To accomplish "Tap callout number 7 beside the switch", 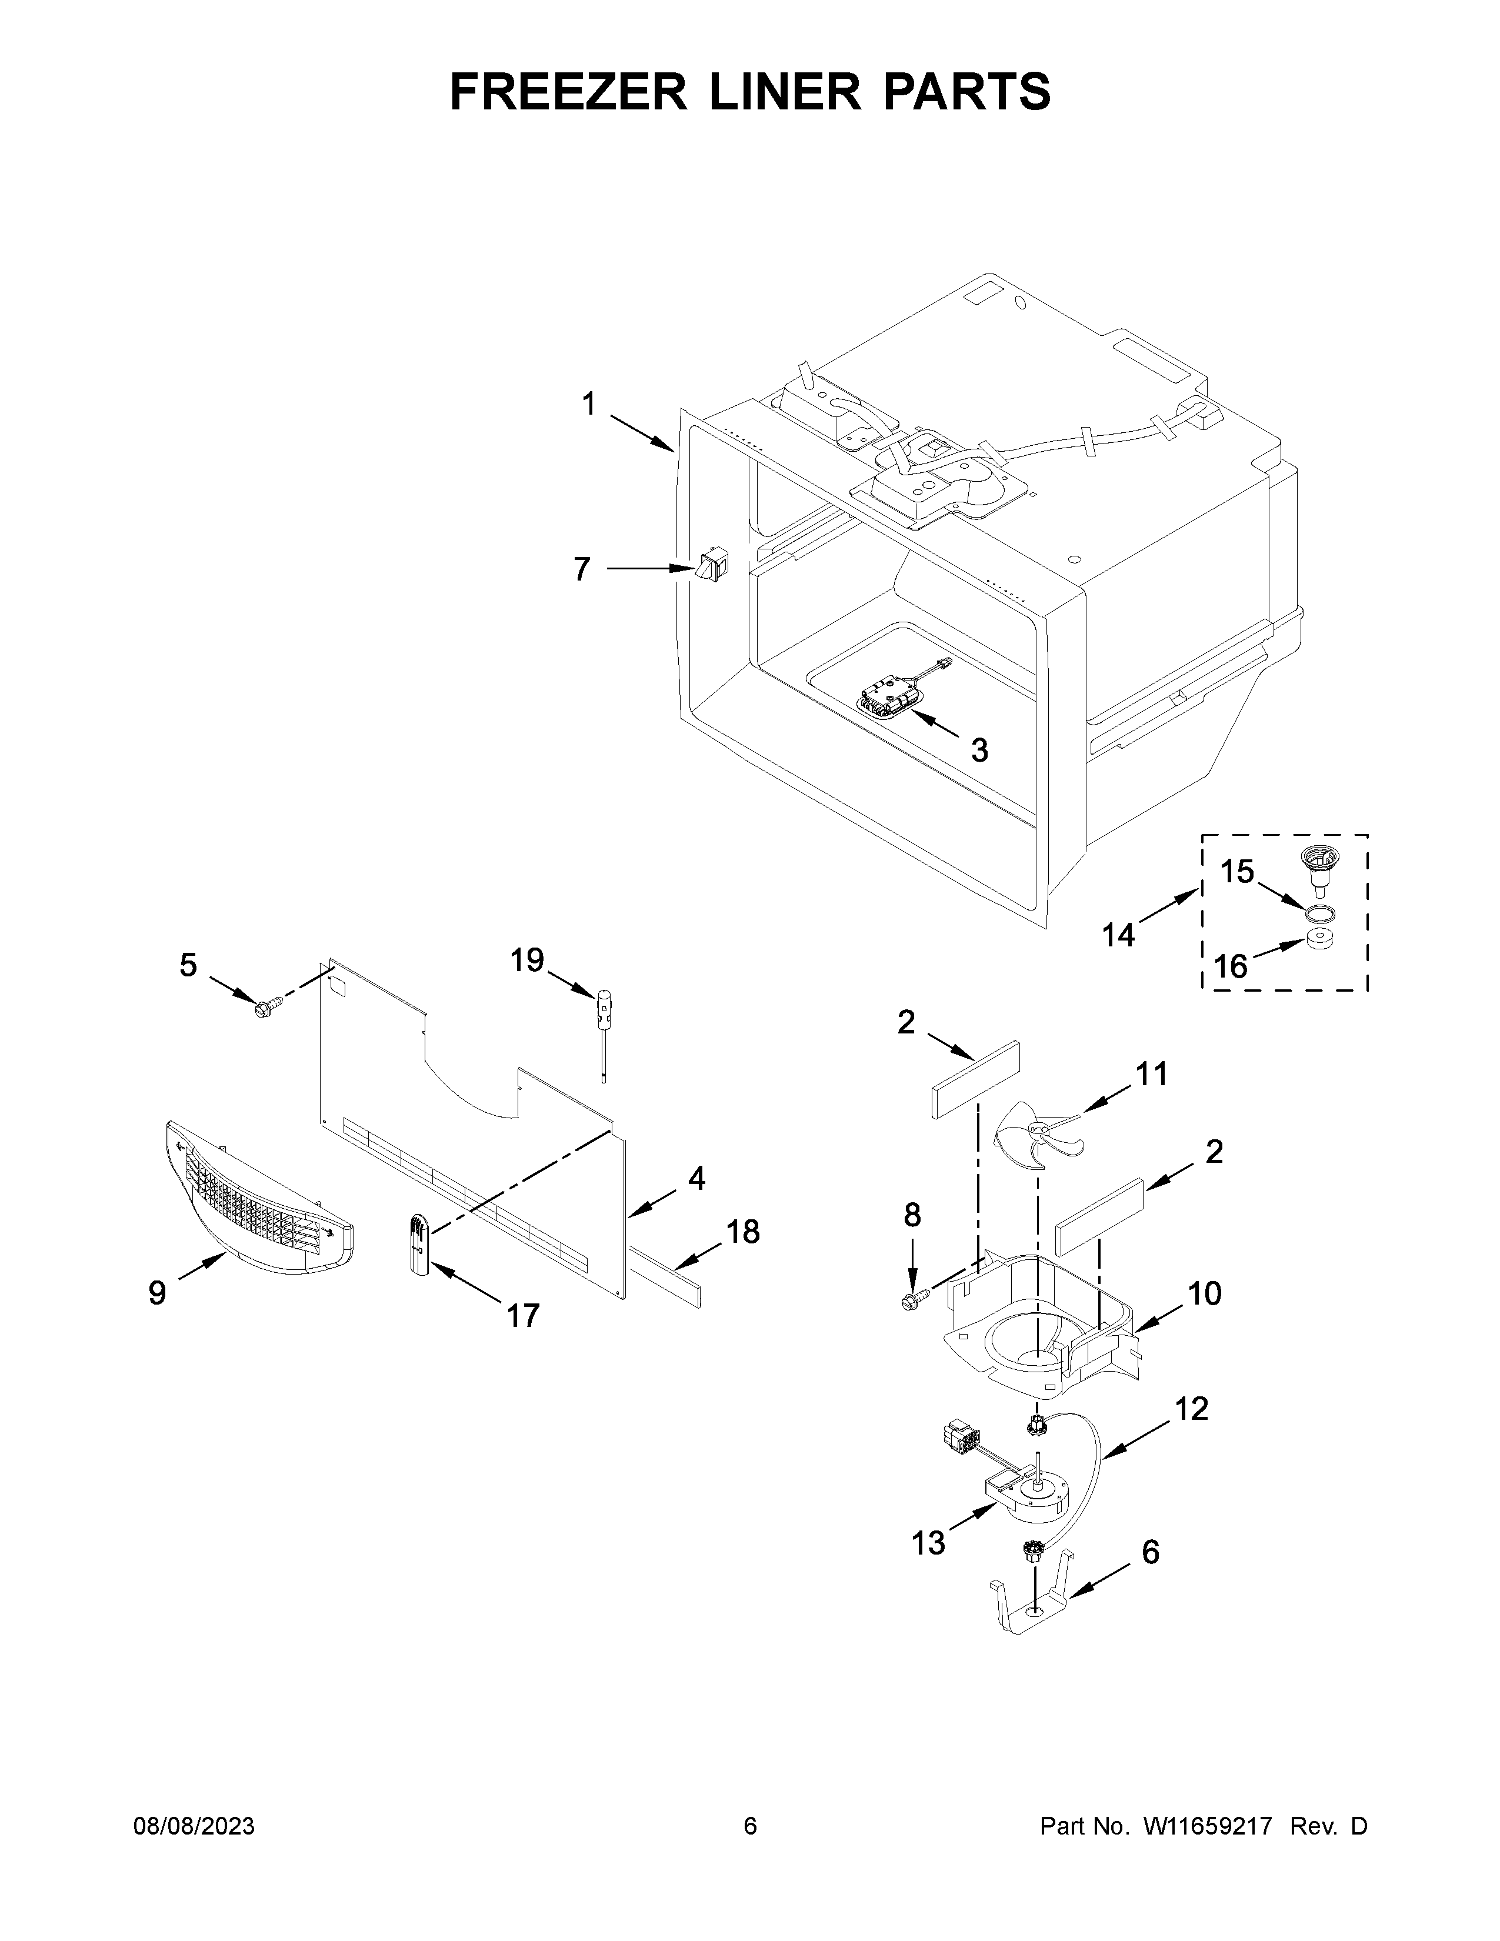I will (581, 569).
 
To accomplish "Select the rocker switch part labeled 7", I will (712, 566).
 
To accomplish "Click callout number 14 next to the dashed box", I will (1119, 935).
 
